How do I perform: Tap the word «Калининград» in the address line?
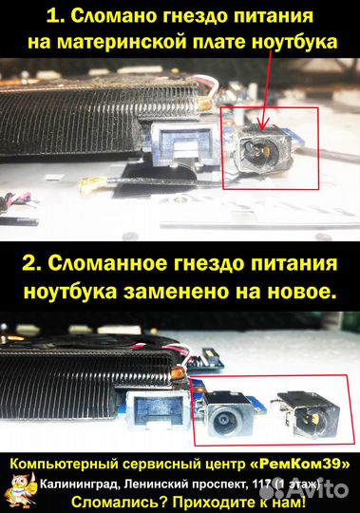(x=78, y=484)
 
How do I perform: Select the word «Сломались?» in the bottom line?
(x=121, y=502)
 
